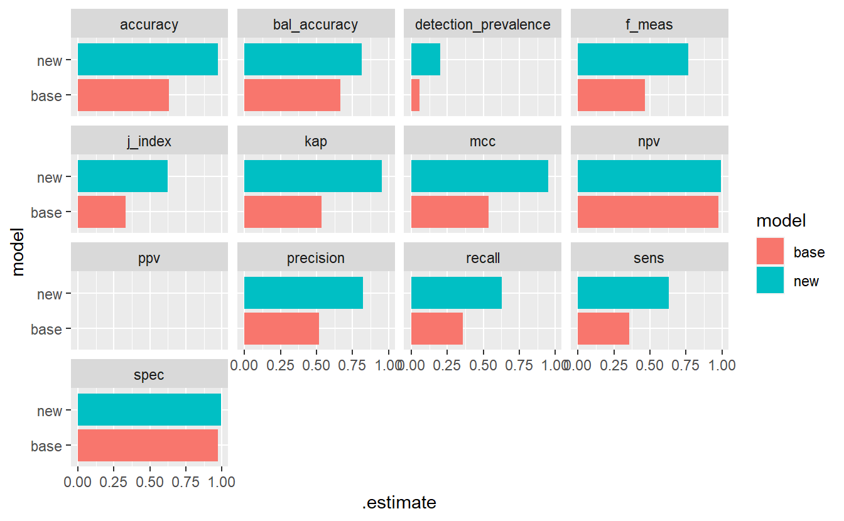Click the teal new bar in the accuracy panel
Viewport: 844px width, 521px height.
[x=148, y=60]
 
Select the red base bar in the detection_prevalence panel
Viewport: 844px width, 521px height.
[x=415, y=95]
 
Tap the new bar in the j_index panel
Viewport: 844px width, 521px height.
[x=122, y=176]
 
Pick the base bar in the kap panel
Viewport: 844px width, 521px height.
[x=283, y=212]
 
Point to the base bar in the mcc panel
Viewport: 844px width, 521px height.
[x=450, y=212]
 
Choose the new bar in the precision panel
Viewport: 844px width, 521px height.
[x=303, y=293]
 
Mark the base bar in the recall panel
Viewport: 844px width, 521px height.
[x=436, y=328]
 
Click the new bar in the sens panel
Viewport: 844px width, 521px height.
[x=623, y=293]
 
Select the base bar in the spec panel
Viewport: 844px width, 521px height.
[x=148, y=446]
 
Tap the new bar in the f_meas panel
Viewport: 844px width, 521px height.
[x=632, y=60]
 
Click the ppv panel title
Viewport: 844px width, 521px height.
[x=149, y=259]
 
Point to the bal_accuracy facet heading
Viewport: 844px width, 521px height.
[x=316, y=25]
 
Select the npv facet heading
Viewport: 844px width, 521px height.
[x=649, y=142]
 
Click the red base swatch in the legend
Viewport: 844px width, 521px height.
[x=770, y=252]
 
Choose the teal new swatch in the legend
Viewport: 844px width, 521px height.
[x=770, y=280]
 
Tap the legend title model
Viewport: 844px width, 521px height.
[x=781, y=221]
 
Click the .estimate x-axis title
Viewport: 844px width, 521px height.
[x=399, y=503]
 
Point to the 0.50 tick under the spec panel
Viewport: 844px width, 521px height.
[x=150, y=483]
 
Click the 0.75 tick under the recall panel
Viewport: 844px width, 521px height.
[x=520, y=365]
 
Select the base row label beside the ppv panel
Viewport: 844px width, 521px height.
[x=46, y=330]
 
